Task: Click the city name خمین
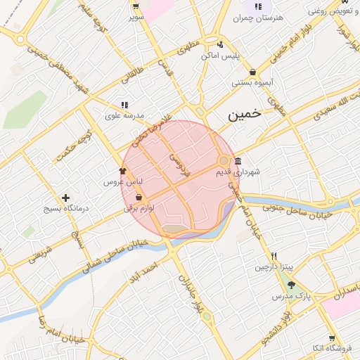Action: tap(244, 114)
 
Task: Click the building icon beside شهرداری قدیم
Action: tap(238, 160)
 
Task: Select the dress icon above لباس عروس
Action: tap(122, 170)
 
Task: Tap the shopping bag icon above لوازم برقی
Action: tap(139, 197)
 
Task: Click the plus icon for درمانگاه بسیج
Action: tap(66, 198)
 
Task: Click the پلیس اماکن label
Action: tap(227, 55)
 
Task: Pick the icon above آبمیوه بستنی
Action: tap(252, 72)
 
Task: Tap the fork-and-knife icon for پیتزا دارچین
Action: tap(274, 256)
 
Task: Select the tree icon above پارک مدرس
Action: tap(292, 285)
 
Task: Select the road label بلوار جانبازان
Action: tap(185, 289)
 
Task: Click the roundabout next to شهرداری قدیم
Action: tap(225, 160)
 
